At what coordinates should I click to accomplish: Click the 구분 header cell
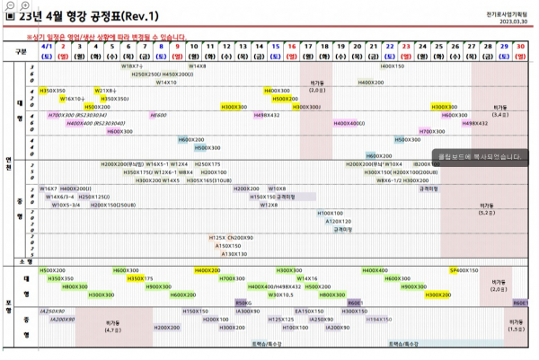20,50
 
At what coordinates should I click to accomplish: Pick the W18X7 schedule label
132,66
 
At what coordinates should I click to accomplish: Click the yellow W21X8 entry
105,91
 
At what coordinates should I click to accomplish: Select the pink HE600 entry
158,115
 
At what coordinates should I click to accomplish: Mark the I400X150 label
393,66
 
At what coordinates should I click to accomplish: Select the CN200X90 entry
240,238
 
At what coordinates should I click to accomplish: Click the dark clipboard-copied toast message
480,156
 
